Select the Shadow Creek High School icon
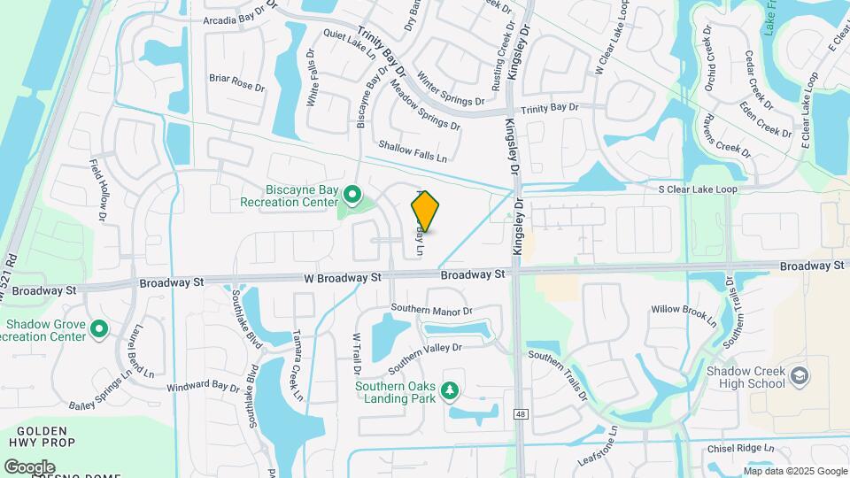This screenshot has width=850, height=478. tap(800, 376)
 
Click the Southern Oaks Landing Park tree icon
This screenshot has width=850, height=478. tap(450, 390)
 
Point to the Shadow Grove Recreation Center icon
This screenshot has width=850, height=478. tap(99, 330)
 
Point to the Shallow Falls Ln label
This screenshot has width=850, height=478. tap(413, 150)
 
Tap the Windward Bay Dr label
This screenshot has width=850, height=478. tap(204, 387)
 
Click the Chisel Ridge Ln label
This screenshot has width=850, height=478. tap(739, 448)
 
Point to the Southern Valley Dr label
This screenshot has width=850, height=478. tap(425, 356)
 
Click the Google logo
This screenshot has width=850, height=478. tap(30, 466)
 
